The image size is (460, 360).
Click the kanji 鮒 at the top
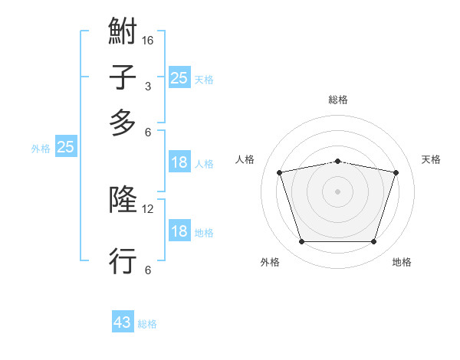tap(123, 33)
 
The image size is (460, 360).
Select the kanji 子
tap(123, 78)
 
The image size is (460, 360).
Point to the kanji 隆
tap(123, 201)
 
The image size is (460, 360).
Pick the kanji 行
tap(123, 260)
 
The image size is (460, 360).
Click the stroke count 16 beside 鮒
tap(148, 40)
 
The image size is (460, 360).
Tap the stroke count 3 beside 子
tap(148, 86)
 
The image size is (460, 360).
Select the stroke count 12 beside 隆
tap(148, 208)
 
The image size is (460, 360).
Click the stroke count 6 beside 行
tap(148, 270)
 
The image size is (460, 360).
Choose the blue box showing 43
tap(123, 322)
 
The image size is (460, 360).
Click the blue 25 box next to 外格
tap(65, 147)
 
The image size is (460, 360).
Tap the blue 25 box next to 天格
tap(179, 77)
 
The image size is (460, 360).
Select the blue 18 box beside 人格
tap(179, 162)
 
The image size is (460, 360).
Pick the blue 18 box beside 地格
tap(179, 232)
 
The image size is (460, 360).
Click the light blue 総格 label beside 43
tap(147, 324)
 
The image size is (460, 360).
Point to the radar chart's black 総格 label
tap(337, 100)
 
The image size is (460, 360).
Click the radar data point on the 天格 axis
tap(396, 172)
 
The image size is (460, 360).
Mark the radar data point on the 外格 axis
tap(301, 242)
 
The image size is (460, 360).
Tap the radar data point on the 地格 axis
tap(373, 242)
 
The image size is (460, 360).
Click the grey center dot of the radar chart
tap(337, 191)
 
